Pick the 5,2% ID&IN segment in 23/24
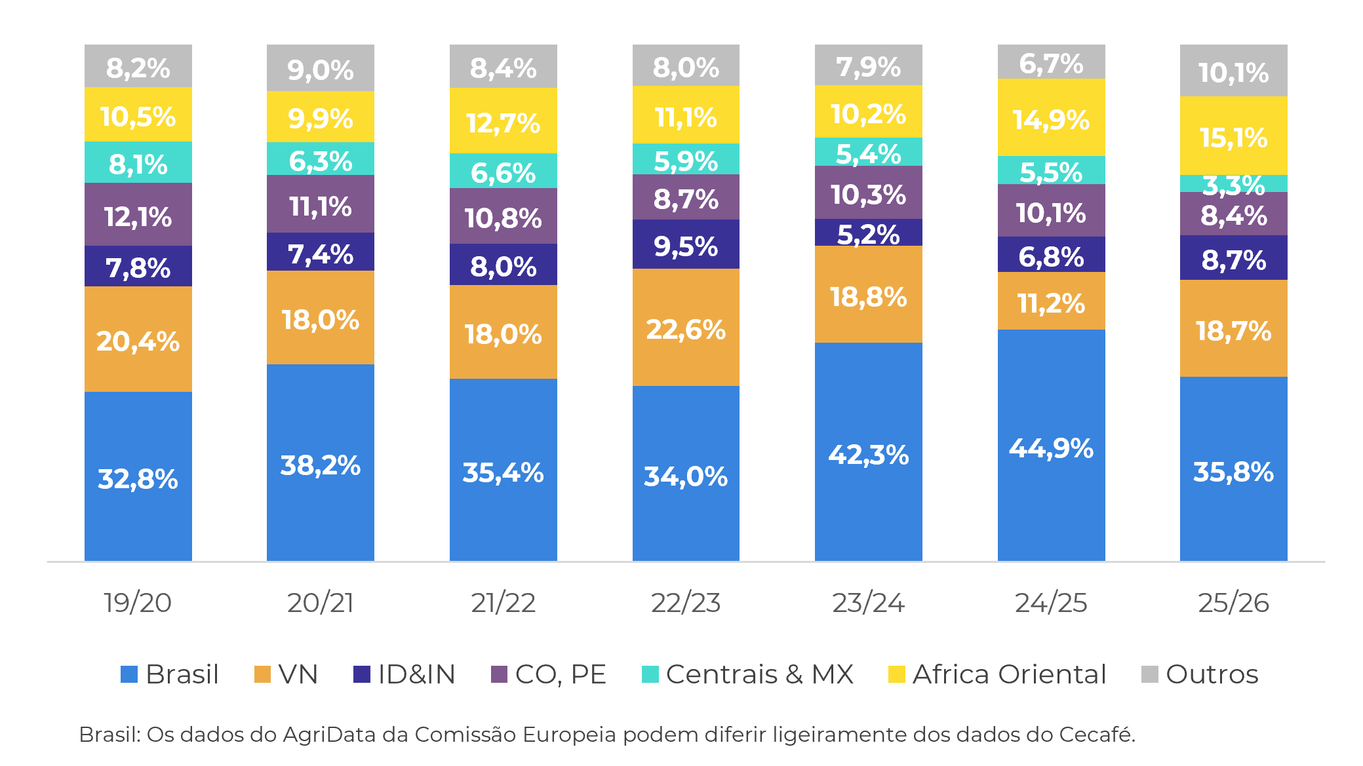[x=868, y=233]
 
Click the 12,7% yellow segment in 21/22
[x=503, y=122]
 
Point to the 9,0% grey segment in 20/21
[x=320, y=69]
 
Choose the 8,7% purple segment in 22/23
[x=686, y=198]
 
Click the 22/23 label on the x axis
[x=686, y=602]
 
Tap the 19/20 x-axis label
[x=138, y=602]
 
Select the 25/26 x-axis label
[x=1233, y=602]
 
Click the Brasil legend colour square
[x=129, y=674]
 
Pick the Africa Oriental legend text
[x=1009, y=674]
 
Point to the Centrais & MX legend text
[x=759, y=674]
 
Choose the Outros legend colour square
[x=1150, y=674]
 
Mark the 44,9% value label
[x=1051, y=448]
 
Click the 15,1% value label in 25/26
[x=1233, y=138]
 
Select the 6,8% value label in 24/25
[x=1051, y=256]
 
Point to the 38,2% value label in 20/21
[x=320, y=465]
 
